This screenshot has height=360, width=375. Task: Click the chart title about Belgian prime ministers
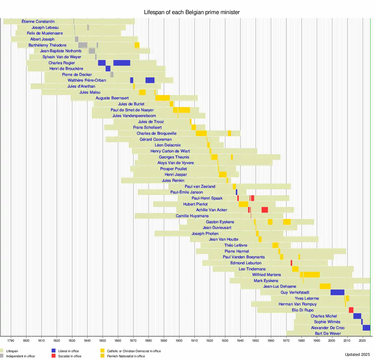point(192,12)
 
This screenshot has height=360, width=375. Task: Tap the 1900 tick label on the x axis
point(179,340)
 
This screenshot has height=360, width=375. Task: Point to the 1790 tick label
point(11,340)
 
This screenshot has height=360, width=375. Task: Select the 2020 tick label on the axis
point(362,340)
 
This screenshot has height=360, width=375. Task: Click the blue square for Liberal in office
point(53,351)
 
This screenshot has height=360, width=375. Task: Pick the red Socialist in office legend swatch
point(53,356)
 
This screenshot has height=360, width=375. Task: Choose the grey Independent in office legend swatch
point(2,356)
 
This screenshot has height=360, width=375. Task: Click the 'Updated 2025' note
point(357,354)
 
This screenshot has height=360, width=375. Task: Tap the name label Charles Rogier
point(62,63)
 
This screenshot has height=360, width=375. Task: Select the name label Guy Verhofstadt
point(295,292)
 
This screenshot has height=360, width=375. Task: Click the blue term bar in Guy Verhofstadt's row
point(337,292)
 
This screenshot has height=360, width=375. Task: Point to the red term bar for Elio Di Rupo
point(351,310)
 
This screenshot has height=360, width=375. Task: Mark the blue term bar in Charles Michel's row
point(357,316)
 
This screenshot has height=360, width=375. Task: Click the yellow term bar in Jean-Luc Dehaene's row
point(325,286)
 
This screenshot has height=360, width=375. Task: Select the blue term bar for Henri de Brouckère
point(108,68)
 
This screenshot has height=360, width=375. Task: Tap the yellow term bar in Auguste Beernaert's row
point(163,98)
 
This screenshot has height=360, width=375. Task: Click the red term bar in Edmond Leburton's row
point(291,263)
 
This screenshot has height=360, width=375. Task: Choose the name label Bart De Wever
point(328,333)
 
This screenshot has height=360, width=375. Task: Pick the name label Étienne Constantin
point(38,21)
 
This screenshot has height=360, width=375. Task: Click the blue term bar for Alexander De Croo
point(366,328)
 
